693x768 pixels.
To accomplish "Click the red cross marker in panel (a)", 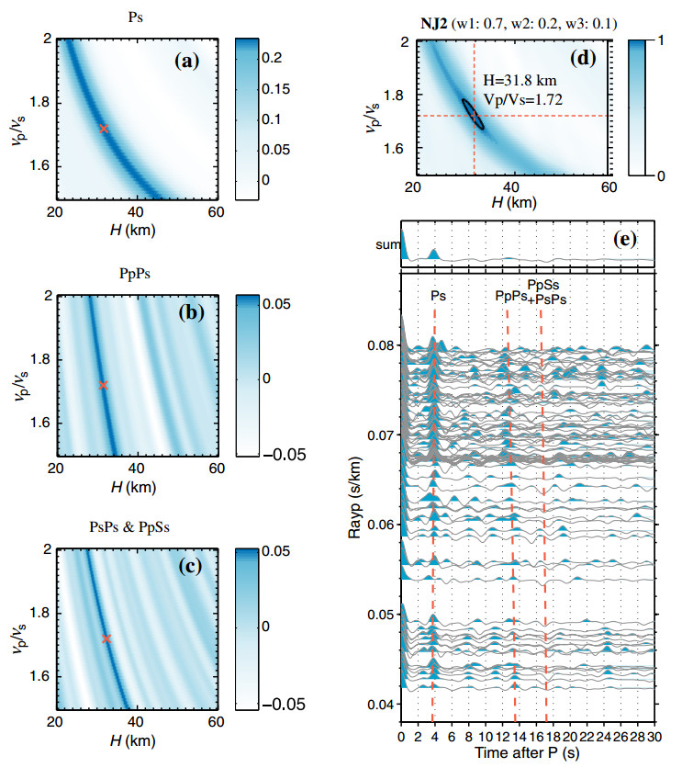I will [x=104, y=129].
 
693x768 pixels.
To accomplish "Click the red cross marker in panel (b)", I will [x=103, y=386].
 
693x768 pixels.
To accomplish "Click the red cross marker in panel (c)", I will [x=106, y=638].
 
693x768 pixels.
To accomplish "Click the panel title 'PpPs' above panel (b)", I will [x=135, y=273].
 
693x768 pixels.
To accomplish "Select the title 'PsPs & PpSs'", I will [x=134, y=526].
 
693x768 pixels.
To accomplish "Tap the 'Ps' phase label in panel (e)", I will [x=440, y=296].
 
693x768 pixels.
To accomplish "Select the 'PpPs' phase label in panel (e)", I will [x=510, y=296].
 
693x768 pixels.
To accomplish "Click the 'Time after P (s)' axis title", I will [x=528, y=752].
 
